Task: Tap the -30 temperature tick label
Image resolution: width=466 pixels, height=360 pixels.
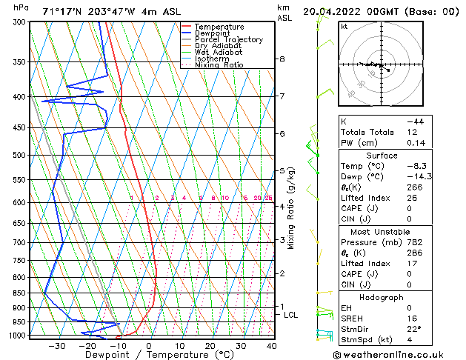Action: (x=56, y=346)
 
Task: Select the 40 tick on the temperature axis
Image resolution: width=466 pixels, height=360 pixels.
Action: (x=271, y=346)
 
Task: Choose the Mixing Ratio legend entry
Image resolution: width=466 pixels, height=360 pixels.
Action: (x=218, y=65)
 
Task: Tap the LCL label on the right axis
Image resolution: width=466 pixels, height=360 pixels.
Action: (x=291, y=315)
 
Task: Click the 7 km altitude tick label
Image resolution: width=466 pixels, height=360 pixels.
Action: (x=282, y=96)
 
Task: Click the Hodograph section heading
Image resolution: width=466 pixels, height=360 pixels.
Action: (x=382, y=298)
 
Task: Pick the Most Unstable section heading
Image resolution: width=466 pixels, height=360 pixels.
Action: (x=382, y=231)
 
